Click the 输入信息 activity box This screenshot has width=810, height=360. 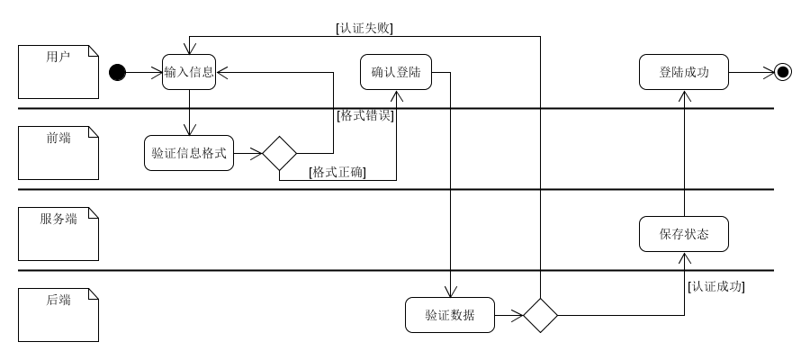click(189, 72)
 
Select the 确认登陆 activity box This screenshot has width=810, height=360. click(396, 72)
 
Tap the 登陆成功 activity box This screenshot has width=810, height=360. click(684, 72)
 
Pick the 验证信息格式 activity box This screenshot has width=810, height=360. click(189, 153)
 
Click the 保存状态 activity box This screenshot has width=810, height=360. click(684, 234)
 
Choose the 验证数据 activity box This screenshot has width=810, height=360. click(450, 315)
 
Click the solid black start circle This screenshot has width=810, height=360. click(117, 72)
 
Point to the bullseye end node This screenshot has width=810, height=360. click(783, 72)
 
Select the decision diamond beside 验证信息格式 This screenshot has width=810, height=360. click(279, 153)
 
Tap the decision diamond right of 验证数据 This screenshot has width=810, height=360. click(540, 315)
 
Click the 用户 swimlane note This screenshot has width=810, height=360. click(58, 71)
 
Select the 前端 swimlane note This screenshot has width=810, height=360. click(58, 153)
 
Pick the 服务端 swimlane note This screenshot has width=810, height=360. click(58, 233)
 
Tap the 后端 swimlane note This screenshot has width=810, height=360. click(58, 315)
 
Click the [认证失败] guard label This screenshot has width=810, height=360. click(364, 27)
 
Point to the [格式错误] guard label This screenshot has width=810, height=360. click(364, 115)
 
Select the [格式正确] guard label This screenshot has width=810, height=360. click(337, 172)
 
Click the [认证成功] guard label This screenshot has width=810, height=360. click(716, 287)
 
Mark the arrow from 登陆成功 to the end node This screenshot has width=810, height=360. click(751, 72)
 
